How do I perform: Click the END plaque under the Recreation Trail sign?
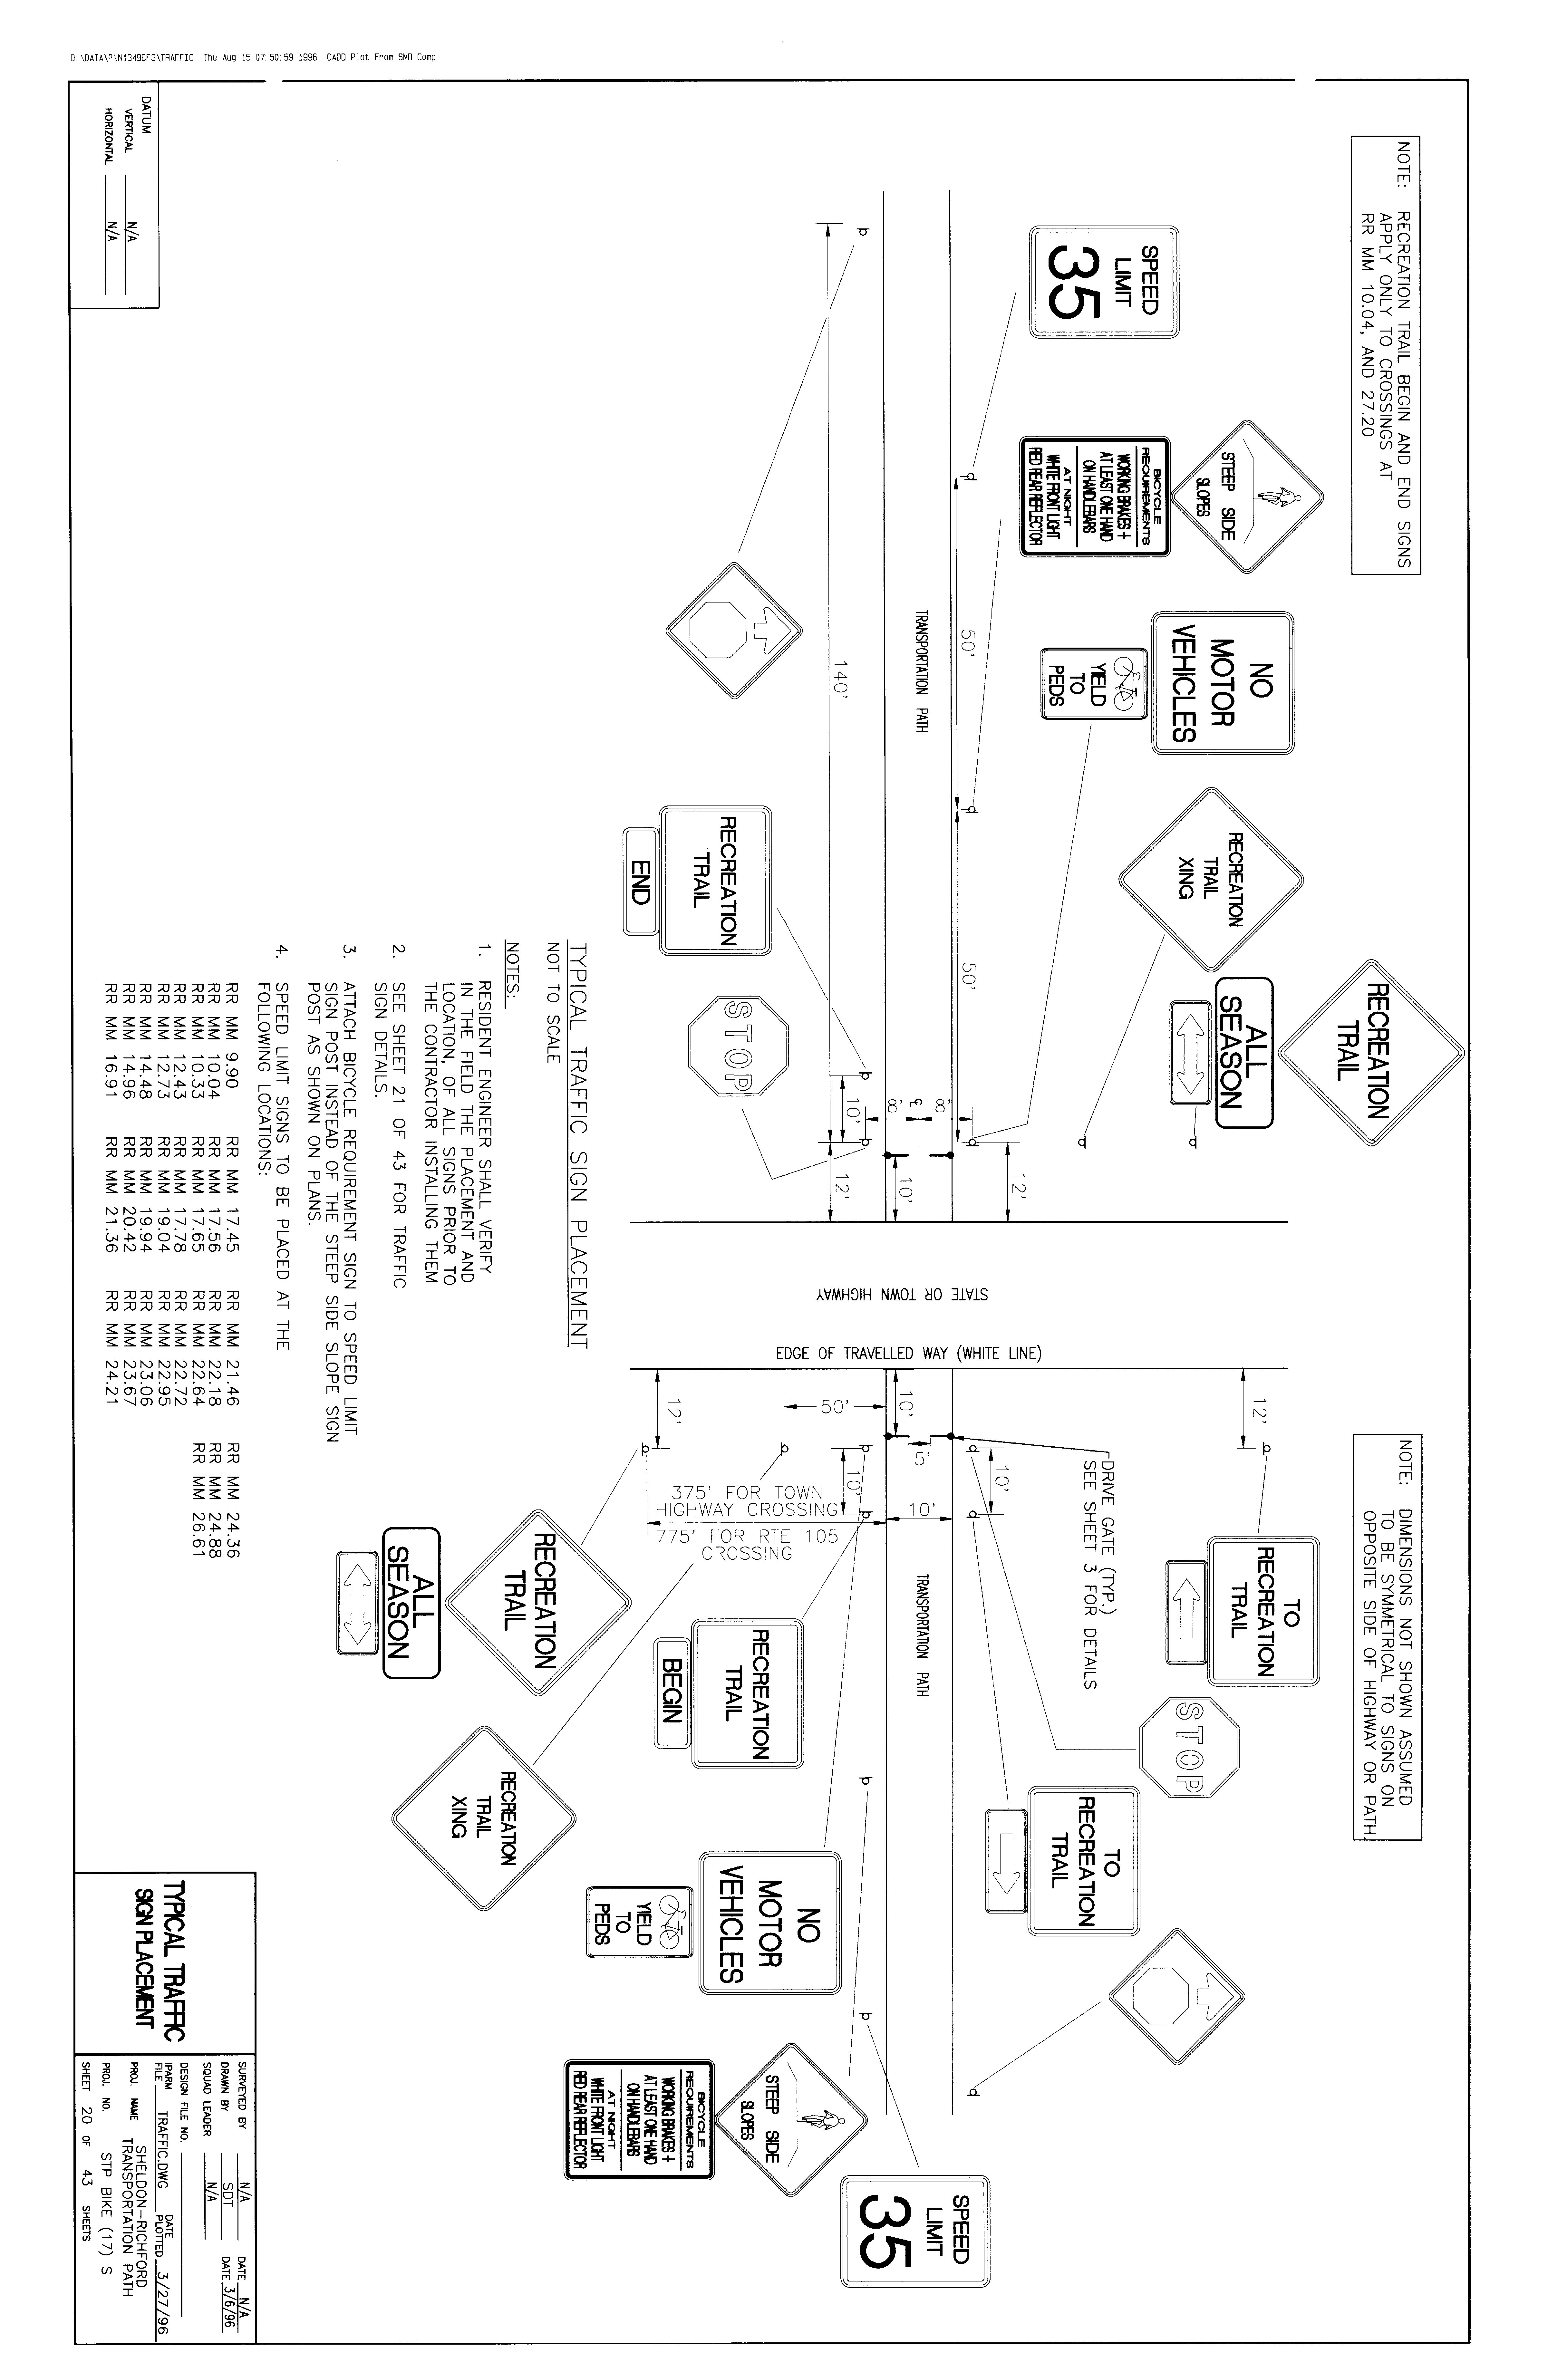(641, 881)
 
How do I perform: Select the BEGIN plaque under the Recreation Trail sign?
(672, 1690)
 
